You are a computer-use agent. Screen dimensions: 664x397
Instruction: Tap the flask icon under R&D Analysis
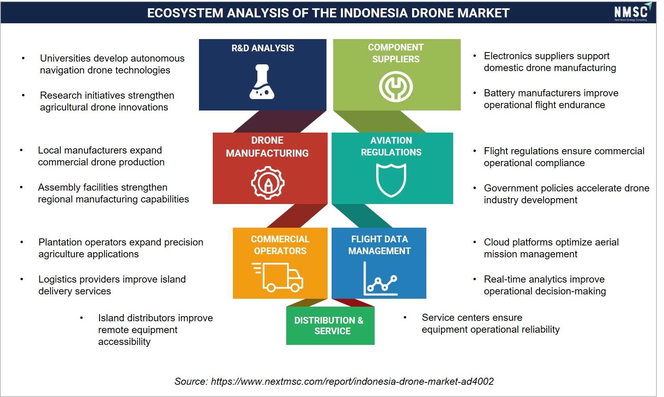pyautogui.click(x=262, y=82)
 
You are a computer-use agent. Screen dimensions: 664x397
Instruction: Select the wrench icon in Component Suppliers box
pyautogui.click(x=396, y=86)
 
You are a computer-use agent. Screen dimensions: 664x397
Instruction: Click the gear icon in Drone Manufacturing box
pyautogui.click(x=268, y=182)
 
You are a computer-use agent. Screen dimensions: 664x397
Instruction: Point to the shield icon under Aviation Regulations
pyautogui.click(x=391, y=180)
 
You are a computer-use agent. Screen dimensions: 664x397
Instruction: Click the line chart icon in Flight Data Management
pyautogui.click(x=380, y=279)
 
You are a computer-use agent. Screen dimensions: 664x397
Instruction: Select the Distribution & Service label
pyautogui.click(x=329, y=326)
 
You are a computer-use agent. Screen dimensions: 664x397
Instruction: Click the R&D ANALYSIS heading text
pyautogui.click(x=263, y=48)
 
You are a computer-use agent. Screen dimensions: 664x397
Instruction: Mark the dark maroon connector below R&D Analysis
pyautogui.click(x=279, y=122)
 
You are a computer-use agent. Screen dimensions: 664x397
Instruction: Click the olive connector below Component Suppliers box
pyautogui.click(x=379, y=122)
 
